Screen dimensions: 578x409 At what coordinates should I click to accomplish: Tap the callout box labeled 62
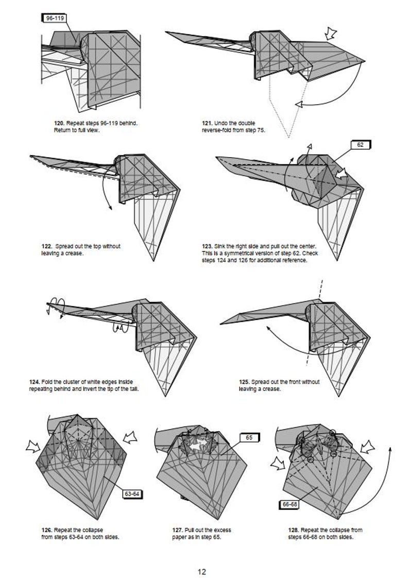360,145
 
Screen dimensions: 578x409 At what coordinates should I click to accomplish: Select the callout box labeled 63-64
132,494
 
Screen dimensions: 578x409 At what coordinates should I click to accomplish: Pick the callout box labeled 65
249,437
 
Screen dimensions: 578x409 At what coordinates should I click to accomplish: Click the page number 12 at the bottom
202,571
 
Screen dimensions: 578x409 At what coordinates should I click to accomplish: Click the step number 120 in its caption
59,124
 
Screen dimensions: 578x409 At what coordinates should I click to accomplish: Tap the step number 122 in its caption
46,247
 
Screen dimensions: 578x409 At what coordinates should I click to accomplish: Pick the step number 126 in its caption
46,530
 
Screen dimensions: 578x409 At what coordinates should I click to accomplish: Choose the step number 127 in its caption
178,530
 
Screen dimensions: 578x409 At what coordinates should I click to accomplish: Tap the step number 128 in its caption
294,530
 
